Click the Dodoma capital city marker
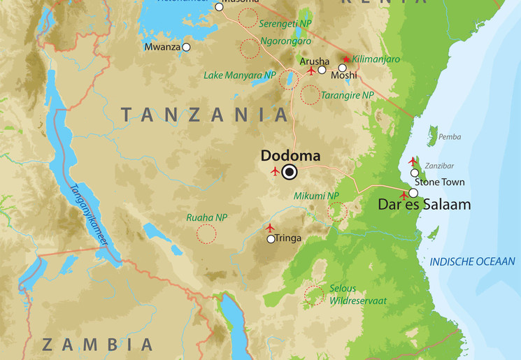pos(290,172)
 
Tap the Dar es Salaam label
pos(424,205)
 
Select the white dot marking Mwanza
pos(186,48)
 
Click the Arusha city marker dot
pos(322,70)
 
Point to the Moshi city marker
pos(342,68)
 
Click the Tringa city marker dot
pos(271,239)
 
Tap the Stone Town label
pos(438,183)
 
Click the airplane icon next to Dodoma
pos(275,171)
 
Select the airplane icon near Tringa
pos(270,227)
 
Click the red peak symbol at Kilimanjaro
pos(345,59)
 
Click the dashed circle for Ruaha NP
pos(206,233)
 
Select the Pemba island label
pos(450,137)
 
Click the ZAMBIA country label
pos(97,344)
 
